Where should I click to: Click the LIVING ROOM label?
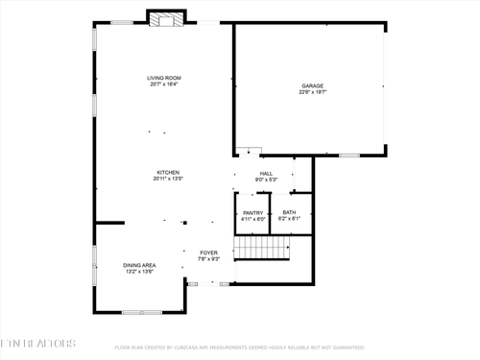coord(164,78)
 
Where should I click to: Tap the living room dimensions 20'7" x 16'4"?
coord(164,84)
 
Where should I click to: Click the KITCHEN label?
coord(168,172)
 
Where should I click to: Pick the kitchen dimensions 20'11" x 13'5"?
coord(168,179)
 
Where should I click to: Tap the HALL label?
coord(266,173)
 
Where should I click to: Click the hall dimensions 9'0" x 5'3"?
coord(266,180)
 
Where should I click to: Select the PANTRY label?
coord(252,212)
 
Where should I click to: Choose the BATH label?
coord(289,212)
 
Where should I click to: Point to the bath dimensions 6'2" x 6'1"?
coord(289,219)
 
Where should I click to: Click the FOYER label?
coord(209,252)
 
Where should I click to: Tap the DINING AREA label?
coord(139,265)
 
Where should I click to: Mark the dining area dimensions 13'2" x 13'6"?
coord(139,272)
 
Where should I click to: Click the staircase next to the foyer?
coord(261,250)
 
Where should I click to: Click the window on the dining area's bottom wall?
coord(141,312)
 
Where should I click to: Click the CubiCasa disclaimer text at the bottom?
coord(240,348)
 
